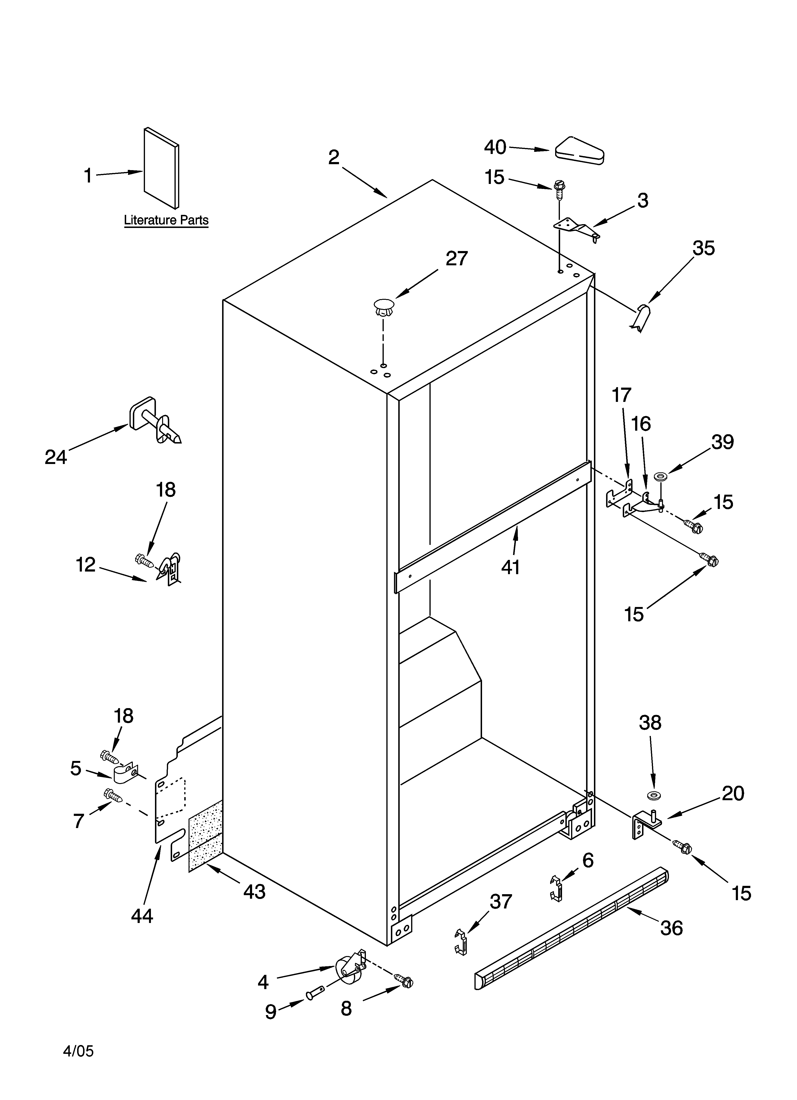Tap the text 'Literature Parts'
pyautogui.click(x=166, y=220)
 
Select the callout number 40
pyautogui.click(x=495, y=147)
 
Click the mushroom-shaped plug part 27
pyautogui.click(x=384, y=307)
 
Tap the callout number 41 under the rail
pyautogui.click(x=511, y=567)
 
